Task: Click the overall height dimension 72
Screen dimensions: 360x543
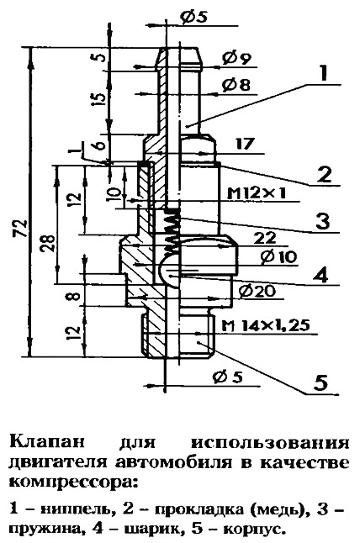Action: (22, 228)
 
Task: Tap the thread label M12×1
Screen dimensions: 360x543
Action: (257, 193)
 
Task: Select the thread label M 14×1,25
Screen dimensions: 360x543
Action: (266, 325)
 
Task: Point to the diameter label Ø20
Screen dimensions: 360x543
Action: (257, 291)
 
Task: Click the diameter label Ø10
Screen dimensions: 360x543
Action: (279, 257)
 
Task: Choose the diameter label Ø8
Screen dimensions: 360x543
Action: (236, 85)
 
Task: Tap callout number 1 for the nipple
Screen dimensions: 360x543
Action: (323, 73)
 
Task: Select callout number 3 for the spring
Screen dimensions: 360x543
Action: (323, 220)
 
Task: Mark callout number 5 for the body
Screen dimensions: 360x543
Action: (320, 382)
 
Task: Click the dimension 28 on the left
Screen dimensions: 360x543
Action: (49, 244)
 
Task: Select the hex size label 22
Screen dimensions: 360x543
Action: (265, 238)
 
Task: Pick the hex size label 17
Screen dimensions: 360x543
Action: (245, 144)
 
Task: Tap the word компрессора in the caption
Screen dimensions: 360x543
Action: (73, 482)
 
